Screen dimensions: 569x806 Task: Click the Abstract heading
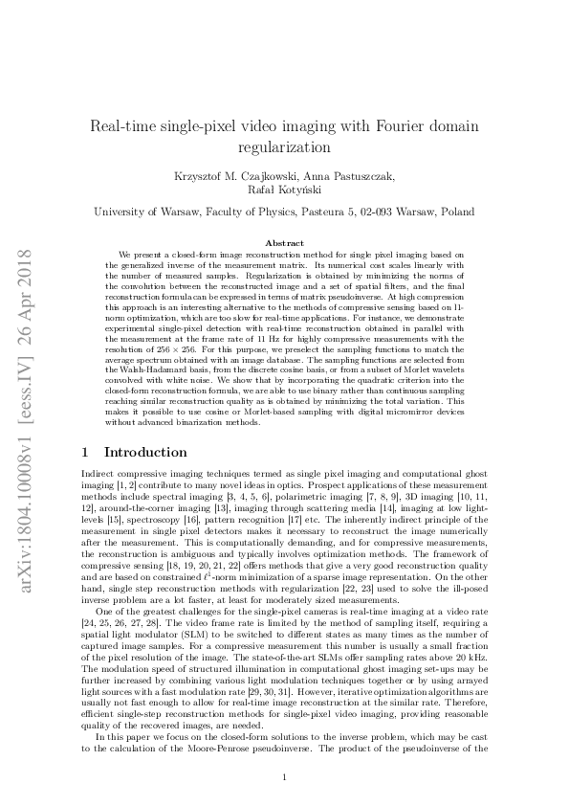[x=284, y=244]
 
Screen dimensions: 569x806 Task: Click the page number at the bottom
[x=285, y=777]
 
